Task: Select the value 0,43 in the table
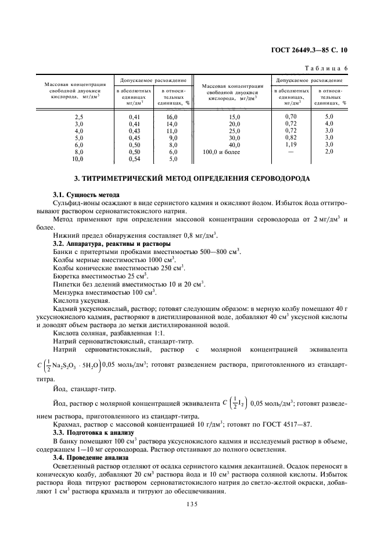(135, 131)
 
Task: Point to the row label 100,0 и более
(221, 152)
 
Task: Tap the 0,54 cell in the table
(135, 159)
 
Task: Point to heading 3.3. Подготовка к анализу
(93, 433)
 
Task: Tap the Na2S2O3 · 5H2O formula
(74, 366)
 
